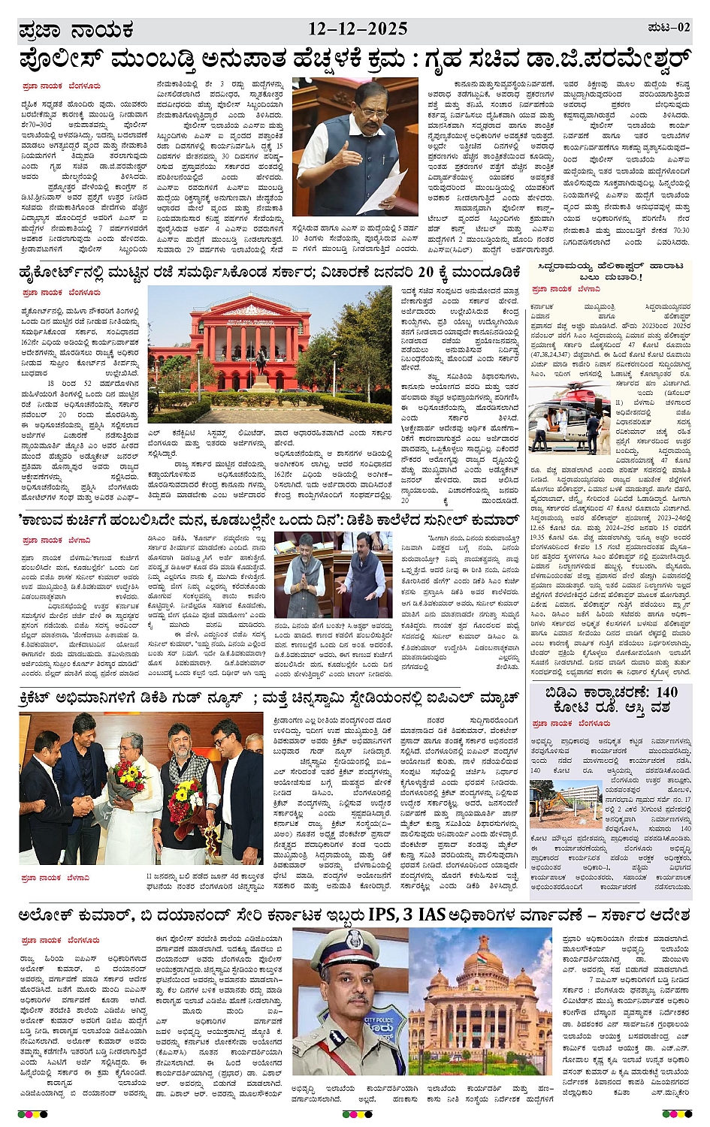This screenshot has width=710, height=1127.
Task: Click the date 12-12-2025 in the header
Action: pyautogui.click(x=358, y=29)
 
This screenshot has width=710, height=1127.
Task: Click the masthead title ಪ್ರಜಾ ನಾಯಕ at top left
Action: pyautogui.click(x=76, y=31)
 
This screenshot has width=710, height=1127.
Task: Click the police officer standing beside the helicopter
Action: pyautogui.click(x=603, y=429)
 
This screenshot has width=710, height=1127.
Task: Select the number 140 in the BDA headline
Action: pyautogui.click(x=661, y=692)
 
